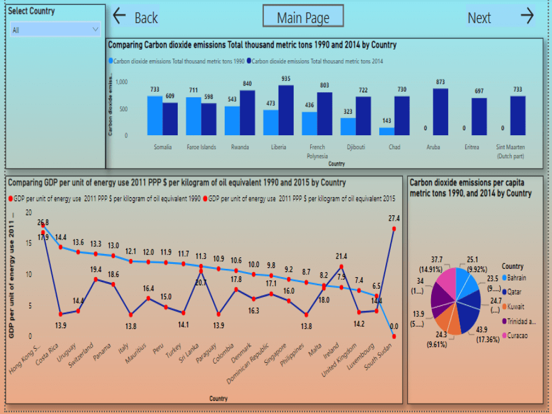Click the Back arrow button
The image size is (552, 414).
point(135,17)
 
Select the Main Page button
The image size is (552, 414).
point(303,17)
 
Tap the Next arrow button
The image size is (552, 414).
point(500,17)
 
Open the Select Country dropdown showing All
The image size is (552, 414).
point(55,30)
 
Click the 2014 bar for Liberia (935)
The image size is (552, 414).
point(285,110)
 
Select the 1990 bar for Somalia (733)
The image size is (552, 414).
point(155,115)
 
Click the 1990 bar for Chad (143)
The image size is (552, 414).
point(386,131)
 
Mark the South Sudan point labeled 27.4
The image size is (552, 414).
point(394,229)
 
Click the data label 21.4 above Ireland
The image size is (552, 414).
point(341,257)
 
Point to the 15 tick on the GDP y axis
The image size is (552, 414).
point(28,243)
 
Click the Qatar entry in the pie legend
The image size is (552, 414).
point(516,291)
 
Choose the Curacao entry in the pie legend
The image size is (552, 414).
point(518,336)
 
